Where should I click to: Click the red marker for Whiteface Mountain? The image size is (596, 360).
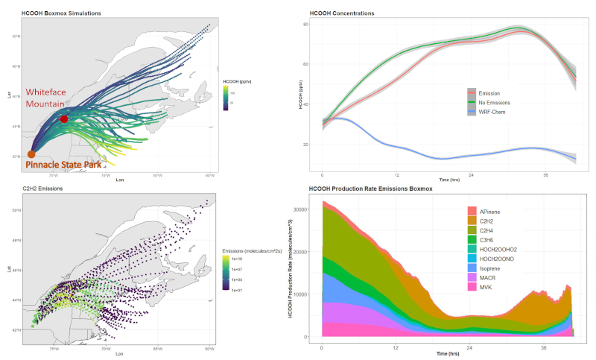click(x=64, y=119)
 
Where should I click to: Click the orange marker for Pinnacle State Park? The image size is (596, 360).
click(x=31, y=154)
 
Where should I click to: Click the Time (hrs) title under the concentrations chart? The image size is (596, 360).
click(x=448, y=180)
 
